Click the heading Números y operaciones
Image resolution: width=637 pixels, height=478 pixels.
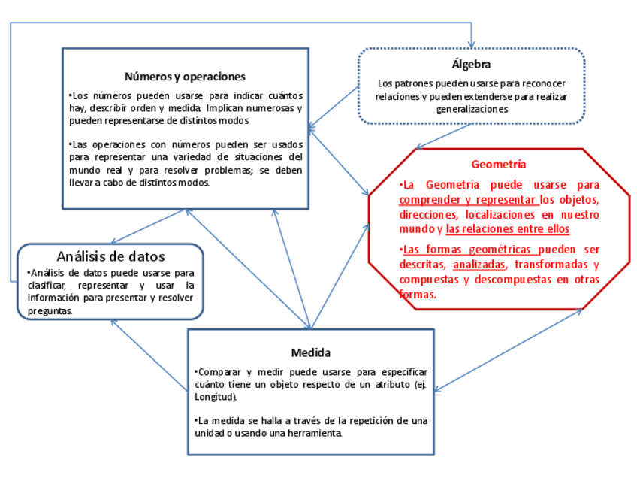pyautogui.click(x=185, y=77)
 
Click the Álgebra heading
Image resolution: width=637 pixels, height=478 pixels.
pyautogui.click(x=471, y=65)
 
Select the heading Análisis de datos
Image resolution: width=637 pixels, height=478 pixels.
pyautogui.click(x=110, y=256)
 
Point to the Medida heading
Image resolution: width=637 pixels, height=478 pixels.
pyautogui.click(x=311, y=352)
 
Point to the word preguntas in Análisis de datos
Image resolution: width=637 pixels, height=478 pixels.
pyautogui.click(x=50, y=310)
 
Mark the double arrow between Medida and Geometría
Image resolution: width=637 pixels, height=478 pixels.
pyautogui.click(x=511, y=349)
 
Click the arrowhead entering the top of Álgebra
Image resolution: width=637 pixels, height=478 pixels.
pyautogui.click(x=471, y=44)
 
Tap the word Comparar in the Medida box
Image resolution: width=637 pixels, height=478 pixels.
pyautogui.click(x=219, y=372)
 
